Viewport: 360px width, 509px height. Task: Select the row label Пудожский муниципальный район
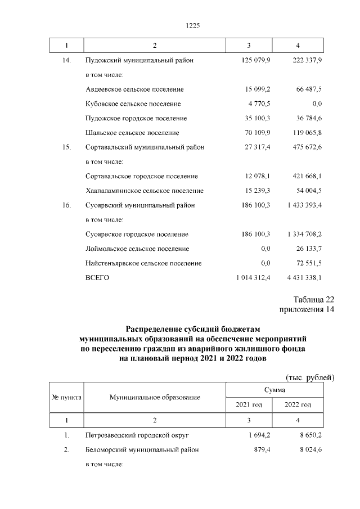141,60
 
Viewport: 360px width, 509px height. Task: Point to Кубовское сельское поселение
133,104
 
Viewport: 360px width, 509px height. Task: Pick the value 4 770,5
258,104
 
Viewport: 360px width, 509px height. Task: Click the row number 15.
66,147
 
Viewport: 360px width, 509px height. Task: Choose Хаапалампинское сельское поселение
145,191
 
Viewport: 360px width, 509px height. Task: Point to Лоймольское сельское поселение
137,249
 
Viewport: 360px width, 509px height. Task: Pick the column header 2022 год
298,405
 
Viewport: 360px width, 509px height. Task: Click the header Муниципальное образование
155,398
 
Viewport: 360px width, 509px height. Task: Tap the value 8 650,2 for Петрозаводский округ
309,435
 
